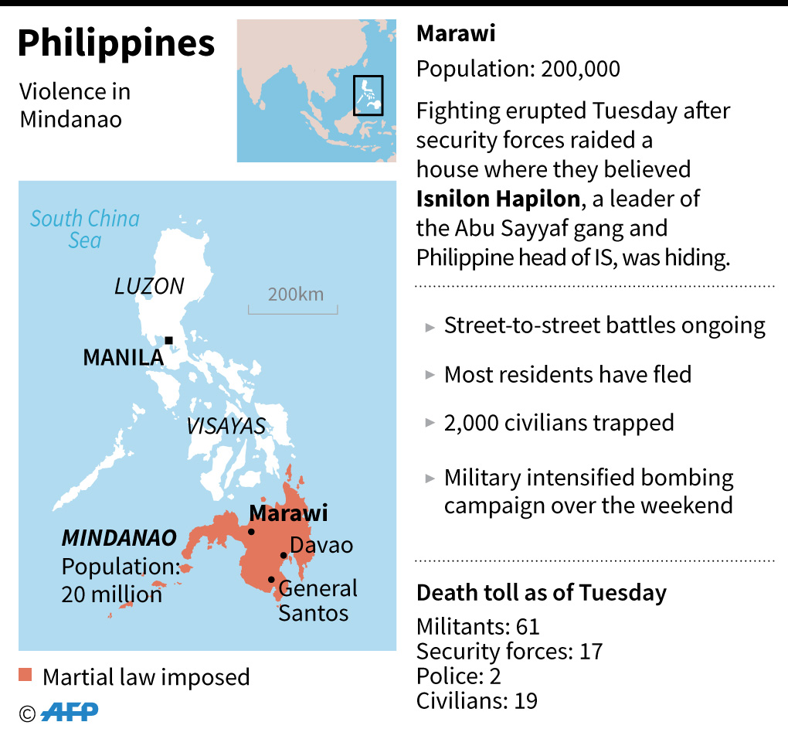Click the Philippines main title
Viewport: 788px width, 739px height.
point(116,44)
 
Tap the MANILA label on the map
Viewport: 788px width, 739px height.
point(123,358)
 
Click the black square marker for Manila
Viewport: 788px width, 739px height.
point(168,340)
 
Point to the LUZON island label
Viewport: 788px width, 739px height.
point(149,287)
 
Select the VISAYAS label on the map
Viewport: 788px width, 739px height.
point(226,426)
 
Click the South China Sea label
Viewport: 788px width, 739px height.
point(85,229)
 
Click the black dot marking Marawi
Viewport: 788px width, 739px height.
point(251,532)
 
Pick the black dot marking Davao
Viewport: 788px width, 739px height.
point(284,555)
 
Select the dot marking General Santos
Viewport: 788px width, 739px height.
point(271,580)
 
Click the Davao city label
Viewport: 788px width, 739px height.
point(321,545)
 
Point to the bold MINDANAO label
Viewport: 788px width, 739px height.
point(119,538)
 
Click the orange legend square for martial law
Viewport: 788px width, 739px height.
point(25,676)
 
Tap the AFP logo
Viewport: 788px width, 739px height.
point(70,713)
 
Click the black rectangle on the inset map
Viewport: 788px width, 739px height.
point(368,95)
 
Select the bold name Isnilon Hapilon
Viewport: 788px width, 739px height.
point(498,199)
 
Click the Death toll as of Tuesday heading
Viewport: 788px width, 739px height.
point(541,593)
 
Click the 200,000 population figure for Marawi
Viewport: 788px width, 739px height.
point(581,69)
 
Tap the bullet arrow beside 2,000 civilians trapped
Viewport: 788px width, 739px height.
point(430,424)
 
